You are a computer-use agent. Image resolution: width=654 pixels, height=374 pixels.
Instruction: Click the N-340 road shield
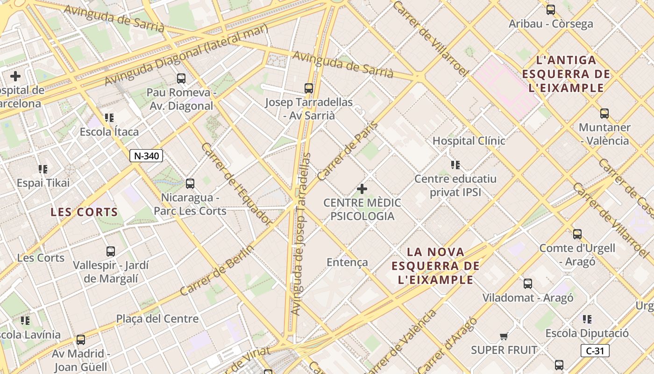pos(146,156)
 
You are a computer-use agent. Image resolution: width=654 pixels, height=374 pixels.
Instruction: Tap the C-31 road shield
pos(595,351)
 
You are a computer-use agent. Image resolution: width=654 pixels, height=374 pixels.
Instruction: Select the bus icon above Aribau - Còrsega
pos(551,9)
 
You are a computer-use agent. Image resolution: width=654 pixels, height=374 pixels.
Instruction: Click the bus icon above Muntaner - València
pos(604,113)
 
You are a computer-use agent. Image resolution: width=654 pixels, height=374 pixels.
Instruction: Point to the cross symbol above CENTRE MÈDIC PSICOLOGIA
pos(362,189)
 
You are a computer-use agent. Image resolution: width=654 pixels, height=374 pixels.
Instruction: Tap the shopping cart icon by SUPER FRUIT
pos(504,336)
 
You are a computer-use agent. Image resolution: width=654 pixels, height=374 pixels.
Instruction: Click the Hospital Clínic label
pos(469,140)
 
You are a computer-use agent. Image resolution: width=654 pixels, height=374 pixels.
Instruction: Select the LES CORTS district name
pos(84,212)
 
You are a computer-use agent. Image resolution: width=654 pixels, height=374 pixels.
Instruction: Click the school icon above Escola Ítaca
pos(109,118)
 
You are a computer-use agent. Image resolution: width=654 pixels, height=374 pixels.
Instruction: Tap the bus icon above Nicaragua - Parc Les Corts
pos(190,184)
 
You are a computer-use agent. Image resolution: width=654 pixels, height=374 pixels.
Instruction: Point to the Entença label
pos(347,262)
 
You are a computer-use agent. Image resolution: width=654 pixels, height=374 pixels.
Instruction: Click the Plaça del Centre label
pos(157,319)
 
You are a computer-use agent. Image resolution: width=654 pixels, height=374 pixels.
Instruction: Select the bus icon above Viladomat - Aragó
pos(528,283)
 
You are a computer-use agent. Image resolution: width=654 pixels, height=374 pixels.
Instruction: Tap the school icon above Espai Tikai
pos(43,169)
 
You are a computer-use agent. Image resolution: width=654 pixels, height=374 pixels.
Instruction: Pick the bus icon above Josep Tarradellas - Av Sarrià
pos(308,88)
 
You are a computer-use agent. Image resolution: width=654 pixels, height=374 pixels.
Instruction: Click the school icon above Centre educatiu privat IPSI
pos(455,165)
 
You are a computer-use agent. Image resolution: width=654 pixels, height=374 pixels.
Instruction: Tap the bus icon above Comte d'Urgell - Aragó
pos(577,234)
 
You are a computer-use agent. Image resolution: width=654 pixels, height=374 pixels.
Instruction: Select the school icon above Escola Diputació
pos(587,319)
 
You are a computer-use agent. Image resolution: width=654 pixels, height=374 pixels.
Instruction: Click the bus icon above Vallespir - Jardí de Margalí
pos(111,252)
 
